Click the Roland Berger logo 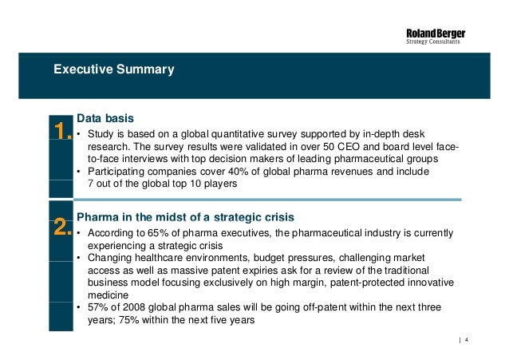point(436,33)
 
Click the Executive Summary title point(113,69)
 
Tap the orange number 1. point(62,130)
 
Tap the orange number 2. point(63,228)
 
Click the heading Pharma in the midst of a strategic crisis point(185,217)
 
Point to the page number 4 point(465,342)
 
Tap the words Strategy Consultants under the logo point(436,42)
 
